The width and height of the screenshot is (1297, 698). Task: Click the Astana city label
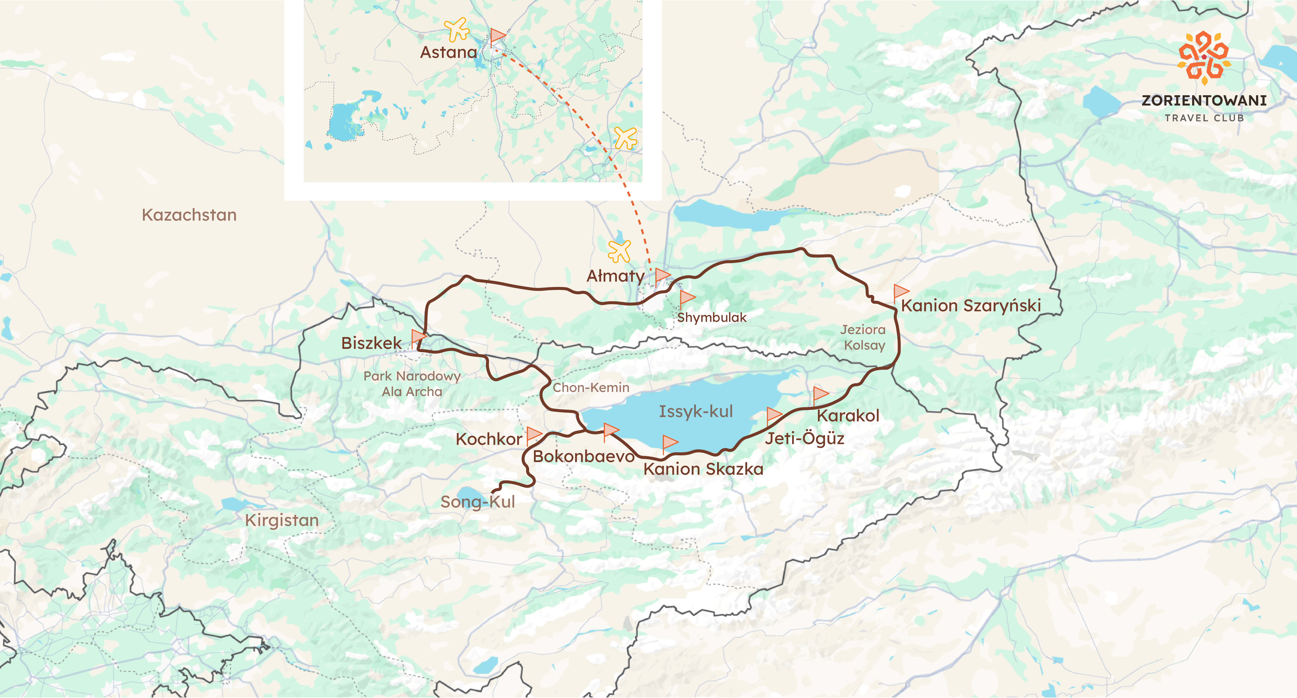pyautogui.click(x=448, y=52)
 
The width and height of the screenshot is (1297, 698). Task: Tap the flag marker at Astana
pyautogui.click(x=498, y=36)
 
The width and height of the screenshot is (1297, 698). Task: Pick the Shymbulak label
pyautogui.click(x=711, y=318)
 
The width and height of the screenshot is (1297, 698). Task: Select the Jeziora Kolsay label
pyautogui.click(x=863, y=337)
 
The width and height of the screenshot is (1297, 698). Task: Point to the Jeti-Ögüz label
pyautogui.click(x=804, y=438)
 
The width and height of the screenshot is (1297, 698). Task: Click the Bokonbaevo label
pyautogui.click(x=583, y=457)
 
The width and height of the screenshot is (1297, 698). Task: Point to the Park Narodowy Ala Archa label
pyautogui.click(x=412, y=384)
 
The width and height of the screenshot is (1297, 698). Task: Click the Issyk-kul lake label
pyautogui.click(x=696, y=412)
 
